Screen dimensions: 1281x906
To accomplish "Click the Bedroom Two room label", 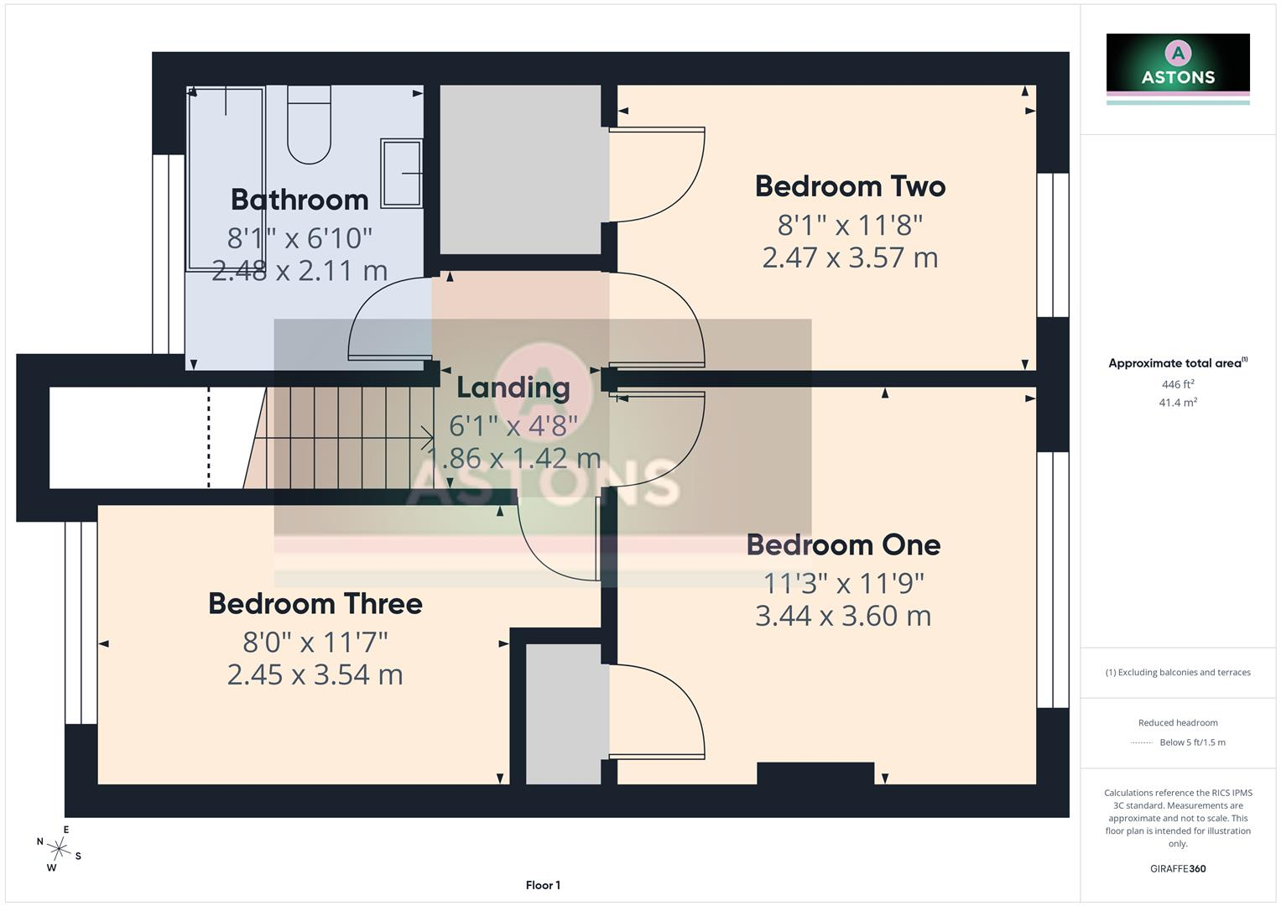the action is (850, 186).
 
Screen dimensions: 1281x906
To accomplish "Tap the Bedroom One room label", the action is (844, 544).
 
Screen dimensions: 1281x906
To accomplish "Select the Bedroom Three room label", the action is (315, 603).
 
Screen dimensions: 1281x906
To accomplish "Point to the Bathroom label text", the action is (299, 200).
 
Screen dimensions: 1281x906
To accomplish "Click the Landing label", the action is (513, 388).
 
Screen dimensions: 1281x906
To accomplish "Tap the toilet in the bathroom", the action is (309, 125).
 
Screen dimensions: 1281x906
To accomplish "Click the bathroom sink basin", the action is (402, 173).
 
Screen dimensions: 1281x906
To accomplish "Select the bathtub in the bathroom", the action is (226, 179).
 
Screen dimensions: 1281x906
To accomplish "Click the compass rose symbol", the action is (59, 849).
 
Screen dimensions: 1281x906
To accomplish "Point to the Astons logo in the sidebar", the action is (1178, 69).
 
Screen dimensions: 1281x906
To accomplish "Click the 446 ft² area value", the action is (1178, 384).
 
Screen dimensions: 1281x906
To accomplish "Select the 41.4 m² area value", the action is (1178, 402).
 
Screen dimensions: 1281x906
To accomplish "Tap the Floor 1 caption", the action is (543, 885).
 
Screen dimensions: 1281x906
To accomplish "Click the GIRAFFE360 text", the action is (1178, 868).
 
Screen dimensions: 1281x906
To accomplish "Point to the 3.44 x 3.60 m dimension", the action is (843, 616).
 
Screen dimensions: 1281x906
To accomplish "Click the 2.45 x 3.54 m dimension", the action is (315, 675).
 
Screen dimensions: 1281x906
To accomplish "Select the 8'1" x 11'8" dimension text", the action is (850, 225).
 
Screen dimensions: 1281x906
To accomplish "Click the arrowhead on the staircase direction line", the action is (428, 438).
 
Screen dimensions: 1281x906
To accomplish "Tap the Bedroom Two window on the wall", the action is (1053, 245).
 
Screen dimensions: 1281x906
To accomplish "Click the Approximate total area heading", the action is (1178, 362).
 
